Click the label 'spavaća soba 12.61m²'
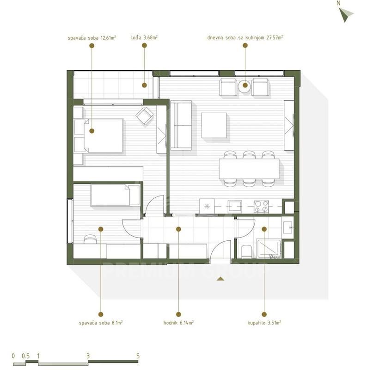click(x=92, y=38)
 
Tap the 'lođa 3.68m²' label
click(x=144, y=37)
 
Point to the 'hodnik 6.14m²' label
click(x=178, y=323)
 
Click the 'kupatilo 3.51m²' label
click(x=264, y=323)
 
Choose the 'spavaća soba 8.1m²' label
click(x=101, y=323)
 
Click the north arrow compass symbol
click(x=346, y=14)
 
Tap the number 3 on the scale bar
click(x=88, y=356)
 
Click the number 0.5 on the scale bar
click(x=26, y=356)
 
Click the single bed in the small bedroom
click(x=115, y=195)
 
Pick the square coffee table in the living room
click(x=214, y=125)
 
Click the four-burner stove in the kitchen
click(x=261, y=207)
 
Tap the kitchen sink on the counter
click(x=235, y=206)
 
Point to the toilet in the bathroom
click(x=246, y=251)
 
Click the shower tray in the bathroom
click(x=269, y=249)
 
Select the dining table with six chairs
click(x=249, y=169)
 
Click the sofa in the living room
click(x=181, y=125)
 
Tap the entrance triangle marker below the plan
click(x=220, y=279)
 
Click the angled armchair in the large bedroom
click(x=144, y=116)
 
